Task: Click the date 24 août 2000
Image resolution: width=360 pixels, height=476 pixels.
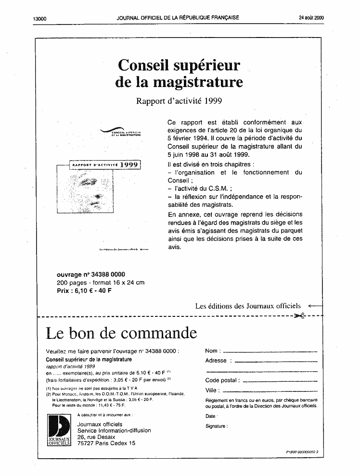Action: tap(311, 18)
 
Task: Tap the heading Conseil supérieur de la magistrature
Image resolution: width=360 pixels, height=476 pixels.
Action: tap(179, 73)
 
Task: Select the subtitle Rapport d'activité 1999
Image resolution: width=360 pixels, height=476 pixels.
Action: tap(179, 101)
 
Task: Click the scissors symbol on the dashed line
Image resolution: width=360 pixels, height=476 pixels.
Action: tap(299, 316)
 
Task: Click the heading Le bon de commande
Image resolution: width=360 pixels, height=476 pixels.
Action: tap(121, 333)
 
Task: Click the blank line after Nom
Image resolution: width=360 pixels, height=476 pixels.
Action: tap(270, 351)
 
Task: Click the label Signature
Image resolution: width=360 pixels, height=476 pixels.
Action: tap(216, 426)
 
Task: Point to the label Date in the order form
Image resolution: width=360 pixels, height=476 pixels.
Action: tap(210, 416)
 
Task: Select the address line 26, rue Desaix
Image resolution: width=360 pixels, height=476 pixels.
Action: tap(96, 437)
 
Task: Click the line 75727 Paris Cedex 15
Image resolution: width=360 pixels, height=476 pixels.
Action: tap(106, 443)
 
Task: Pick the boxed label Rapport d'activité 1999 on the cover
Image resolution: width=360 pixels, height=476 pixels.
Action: tap(105, 165)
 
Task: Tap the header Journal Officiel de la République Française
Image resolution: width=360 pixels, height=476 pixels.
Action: tap(178, 18)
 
